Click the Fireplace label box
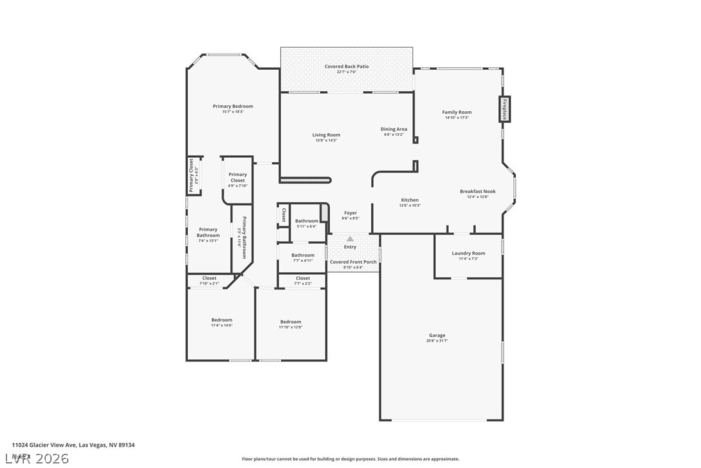point(504,109)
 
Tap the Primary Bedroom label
point(233,106)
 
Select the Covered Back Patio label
point(347,67)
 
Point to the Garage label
point(437,335)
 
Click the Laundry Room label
point(468,253)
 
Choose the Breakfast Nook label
point(478,191)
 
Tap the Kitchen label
point(410,200)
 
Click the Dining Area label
point(394,129)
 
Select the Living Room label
point(327,135)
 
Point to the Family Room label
point(457,112)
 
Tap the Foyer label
point(350,213)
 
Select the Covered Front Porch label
point(353,262)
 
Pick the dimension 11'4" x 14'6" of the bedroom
point(221,325)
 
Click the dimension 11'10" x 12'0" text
point(290,327)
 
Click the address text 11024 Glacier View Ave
point(45,445)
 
